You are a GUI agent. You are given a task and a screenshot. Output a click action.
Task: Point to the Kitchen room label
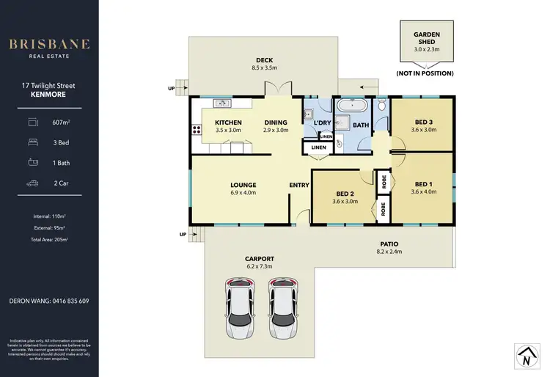click(228, 122)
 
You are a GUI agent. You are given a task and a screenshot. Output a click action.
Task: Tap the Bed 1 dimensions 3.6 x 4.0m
click(424, 192)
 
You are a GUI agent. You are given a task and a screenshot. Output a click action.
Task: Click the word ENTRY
click(299, 185)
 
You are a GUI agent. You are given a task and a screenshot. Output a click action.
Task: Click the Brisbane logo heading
click(49, 43)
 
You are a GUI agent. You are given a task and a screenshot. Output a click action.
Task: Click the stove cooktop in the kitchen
click(196, 130)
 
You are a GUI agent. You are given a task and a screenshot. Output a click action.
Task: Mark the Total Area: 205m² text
click(49, 239)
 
